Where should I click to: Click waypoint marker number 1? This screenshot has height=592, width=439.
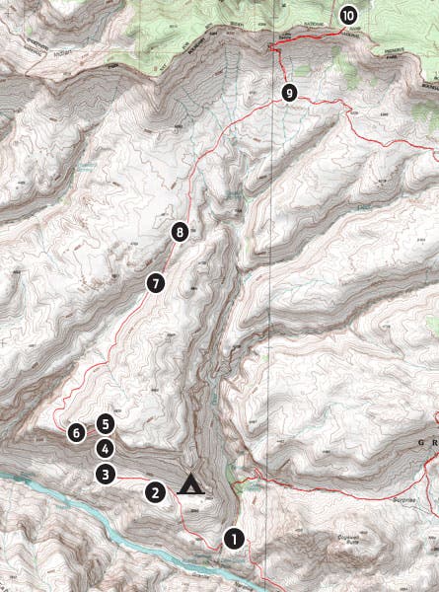(233, 540)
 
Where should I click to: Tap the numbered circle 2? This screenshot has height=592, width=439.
(154, 491)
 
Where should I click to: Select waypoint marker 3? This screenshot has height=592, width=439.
(105, 474)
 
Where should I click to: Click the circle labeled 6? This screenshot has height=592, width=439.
(76, 432)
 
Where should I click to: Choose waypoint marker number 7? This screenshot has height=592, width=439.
(154, 283)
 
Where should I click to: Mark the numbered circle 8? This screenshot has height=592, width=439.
(179, 233)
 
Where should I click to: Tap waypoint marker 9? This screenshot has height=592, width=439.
(289, 93)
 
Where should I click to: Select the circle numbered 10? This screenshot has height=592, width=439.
(348, 15)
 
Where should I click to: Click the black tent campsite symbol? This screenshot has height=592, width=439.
(188, 484)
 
